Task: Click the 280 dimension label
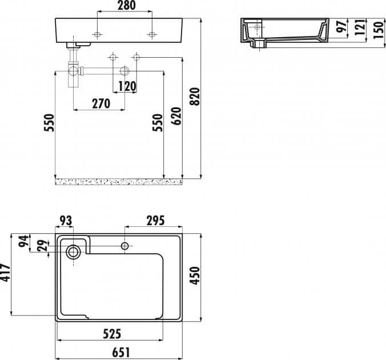point(127,6)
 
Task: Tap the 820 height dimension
point(195,97)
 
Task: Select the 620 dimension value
point(176,116)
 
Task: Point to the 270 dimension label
point(101,104)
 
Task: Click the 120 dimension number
point(127,86)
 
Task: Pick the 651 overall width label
point(120,353)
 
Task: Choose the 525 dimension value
point(112,334)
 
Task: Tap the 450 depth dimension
point(195,275)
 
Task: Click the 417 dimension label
point(5,272)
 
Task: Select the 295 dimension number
point(155,221)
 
